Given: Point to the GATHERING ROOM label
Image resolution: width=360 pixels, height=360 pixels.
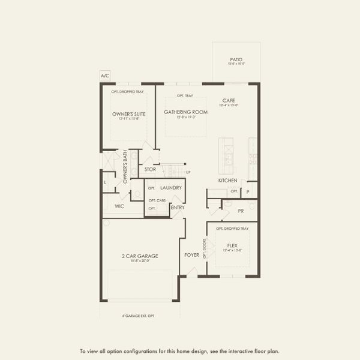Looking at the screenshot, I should pos(186,112).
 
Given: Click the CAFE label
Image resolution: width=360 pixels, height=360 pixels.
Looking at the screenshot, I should pos(229,101).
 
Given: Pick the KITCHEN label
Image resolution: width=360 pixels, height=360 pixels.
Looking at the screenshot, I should pos(228,181).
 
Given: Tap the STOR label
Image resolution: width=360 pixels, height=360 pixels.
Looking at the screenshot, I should pos(150,169).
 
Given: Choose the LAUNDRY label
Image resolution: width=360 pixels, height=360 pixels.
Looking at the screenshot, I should pos(171,188).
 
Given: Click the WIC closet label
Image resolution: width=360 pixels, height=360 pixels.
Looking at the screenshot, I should pos(119,206).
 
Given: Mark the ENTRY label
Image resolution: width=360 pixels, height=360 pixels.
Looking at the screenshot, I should pos(178,208).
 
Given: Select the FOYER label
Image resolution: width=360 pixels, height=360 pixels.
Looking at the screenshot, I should pos(191,255).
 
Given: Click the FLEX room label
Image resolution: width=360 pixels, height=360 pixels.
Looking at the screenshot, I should pos(232,245).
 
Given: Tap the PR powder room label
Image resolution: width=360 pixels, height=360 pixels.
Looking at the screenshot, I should pos(240,211).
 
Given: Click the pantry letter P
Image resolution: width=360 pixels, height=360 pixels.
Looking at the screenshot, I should pos(248,191).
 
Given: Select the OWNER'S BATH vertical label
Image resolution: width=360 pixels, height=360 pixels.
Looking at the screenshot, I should pos(125,166).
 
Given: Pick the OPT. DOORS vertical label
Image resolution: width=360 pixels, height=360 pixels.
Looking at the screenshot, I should pos(205,247).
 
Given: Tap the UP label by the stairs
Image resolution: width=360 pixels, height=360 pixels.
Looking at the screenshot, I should pos(188,172).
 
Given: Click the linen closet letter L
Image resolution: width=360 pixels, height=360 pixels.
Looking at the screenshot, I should pos(106,182).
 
